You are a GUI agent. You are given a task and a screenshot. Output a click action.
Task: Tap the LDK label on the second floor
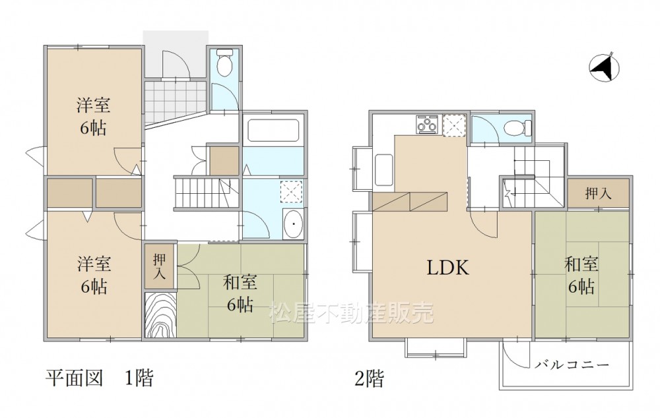coord(448,268)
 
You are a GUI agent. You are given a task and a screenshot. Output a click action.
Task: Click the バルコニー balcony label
coord(572,364)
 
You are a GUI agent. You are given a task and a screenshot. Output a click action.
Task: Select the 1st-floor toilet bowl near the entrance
coord(224,63)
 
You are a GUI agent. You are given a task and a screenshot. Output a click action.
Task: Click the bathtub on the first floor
coord(274,131)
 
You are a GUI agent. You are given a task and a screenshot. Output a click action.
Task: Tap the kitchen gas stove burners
coord(427,125)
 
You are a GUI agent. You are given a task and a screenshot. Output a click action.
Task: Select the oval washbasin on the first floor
coord(292,224)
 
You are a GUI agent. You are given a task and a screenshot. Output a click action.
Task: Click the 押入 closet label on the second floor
coord(598,193)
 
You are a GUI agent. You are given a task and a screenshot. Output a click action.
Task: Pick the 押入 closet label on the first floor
coord(159,266)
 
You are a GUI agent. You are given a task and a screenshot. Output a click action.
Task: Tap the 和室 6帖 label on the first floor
coord(240,293)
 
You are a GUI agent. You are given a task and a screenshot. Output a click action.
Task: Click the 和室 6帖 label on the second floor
coord(581,275)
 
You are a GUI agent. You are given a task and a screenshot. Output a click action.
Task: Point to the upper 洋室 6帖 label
coord(94,116)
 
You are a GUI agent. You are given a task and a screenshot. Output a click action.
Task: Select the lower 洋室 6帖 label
coord(94,275)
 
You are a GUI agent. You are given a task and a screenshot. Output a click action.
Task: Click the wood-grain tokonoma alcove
coord(160,315)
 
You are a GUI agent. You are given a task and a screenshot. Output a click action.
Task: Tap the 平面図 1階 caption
coord(100,378)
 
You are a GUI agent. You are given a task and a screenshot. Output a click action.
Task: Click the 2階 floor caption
coord(370,378)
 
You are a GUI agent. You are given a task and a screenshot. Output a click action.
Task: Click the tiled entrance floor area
coord(176,103)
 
